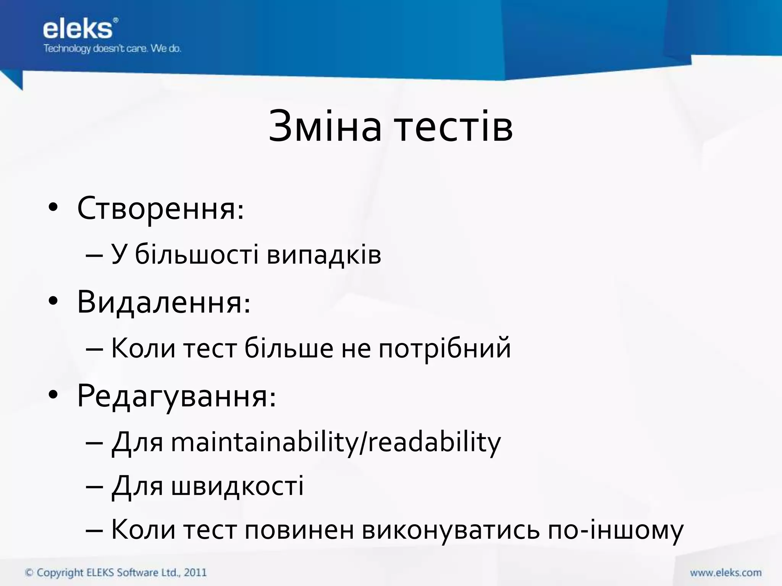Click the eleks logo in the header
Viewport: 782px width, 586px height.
point(78,29)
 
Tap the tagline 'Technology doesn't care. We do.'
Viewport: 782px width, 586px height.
point(112,49)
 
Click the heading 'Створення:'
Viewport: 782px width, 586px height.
point(160,209)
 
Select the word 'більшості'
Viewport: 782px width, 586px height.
point(197,254)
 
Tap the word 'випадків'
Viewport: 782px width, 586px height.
point(324,254)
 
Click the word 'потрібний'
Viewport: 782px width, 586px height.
point(444,349)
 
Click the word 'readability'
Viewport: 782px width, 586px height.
point(434,443)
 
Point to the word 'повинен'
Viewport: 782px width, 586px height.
point(299,530)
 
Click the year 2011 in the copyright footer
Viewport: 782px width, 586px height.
point(195,573)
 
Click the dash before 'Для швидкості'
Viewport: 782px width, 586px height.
point(94,488)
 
